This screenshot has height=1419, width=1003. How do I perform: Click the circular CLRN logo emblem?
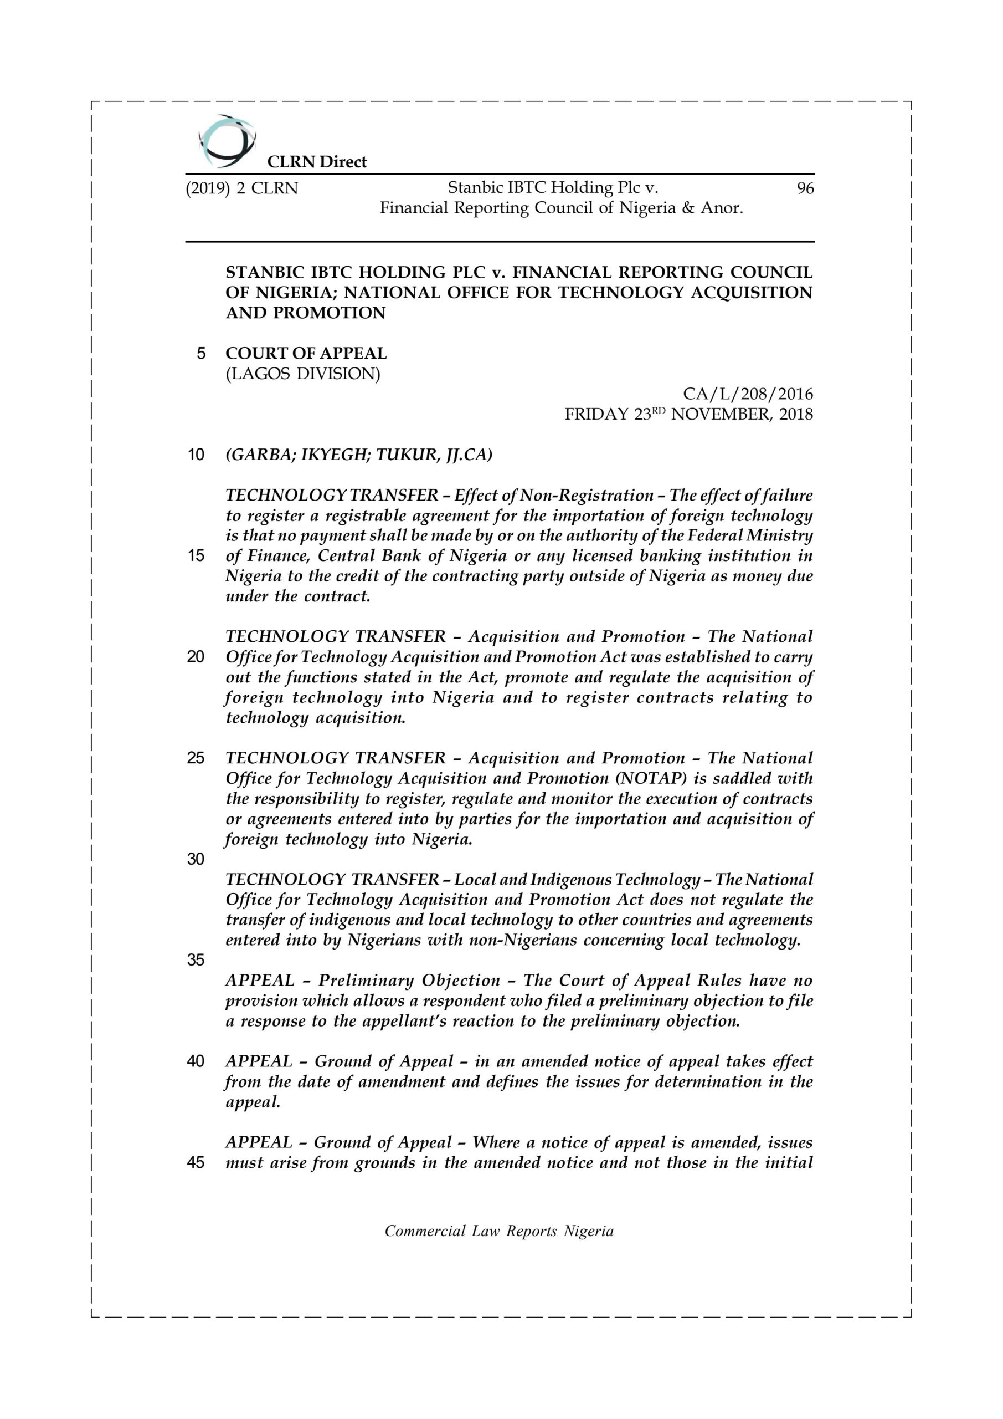(x=227, y=141)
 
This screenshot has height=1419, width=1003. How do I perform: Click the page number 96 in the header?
(x=805, y=188)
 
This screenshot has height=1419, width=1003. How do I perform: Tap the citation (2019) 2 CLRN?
(x=241, y=188)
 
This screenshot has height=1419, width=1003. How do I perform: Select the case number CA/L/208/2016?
(x=747, y=394)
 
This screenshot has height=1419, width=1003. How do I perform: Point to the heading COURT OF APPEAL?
(x=306, y=354)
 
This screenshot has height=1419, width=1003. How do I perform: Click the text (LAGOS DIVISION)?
(x=302, y=374)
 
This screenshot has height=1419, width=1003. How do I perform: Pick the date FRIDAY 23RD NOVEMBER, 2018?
(x=688, y=414)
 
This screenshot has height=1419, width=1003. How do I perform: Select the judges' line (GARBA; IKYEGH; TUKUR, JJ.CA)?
(x=359, y=455)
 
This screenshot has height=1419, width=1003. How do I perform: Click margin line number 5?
(x=200, y=354)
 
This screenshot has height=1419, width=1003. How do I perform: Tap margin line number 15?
(x=196, y=555)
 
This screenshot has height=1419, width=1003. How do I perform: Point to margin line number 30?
(x=196, y=859)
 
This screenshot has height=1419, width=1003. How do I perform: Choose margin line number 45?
(x=196, y=1162)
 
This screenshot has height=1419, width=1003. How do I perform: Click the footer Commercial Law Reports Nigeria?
(x=499, y=1231)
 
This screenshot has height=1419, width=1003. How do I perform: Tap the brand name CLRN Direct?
(x=316, y=162)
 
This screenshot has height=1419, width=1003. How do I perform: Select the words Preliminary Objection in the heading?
(x=409, y=981)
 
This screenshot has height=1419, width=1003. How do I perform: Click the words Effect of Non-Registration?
(x=553, y=495)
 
